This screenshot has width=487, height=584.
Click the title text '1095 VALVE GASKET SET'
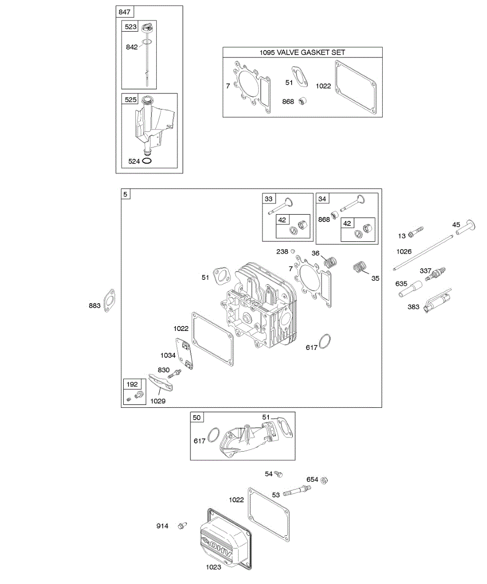[x=302, y=53]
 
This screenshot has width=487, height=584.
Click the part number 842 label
[x=131, y=47]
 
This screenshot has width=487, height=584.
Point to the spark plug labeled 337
[x=435, y=274]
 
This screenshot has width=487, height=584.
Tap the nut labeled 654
[x=325, y=480]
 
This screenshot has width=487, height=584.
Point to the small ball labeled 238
[x=293, y=251]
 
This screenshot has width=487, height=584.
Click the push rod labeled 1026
[x=423, y=252]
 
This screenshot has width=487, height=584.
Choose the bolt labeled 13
[x=417, y=232]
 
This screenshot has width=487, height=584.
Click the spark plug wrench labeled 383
[x=436, y=301]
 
